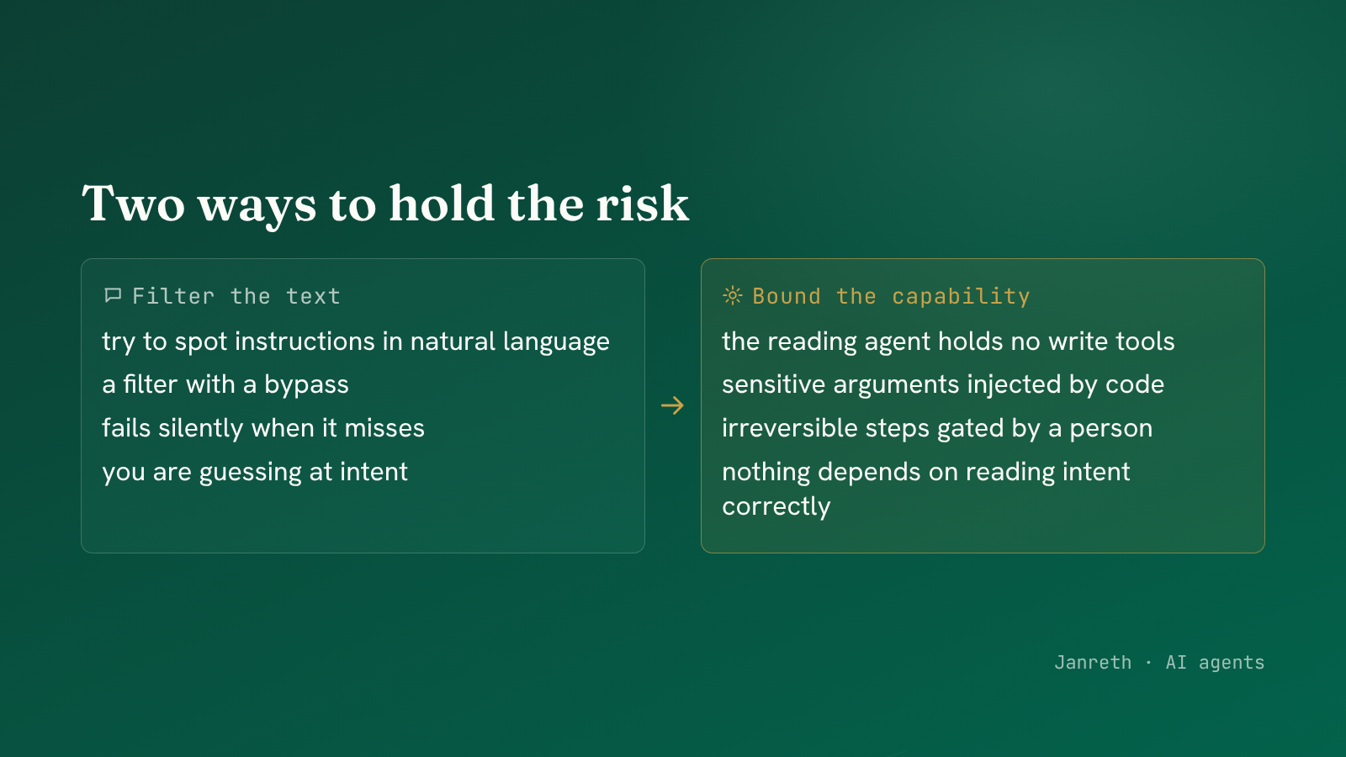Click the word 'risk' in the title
pos(643,203)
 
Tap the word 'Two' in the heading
pos(134,203)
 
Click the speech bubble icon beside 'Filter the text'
pos(113,295)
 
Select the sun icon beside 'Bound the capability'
pos(733,295)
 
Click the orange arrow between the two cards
pos(672,405)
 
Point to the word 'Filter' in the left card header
pos(173,296)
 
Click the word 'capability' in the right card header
pos(961,297)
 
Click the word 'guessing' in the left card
pos(251,472)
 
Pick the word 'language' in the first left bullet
pos(556,341)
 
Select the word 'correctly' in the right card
pos(776,506)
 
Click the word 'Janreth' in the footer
pos(1093,662)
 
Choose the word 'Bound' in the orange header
pos(787,296)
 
